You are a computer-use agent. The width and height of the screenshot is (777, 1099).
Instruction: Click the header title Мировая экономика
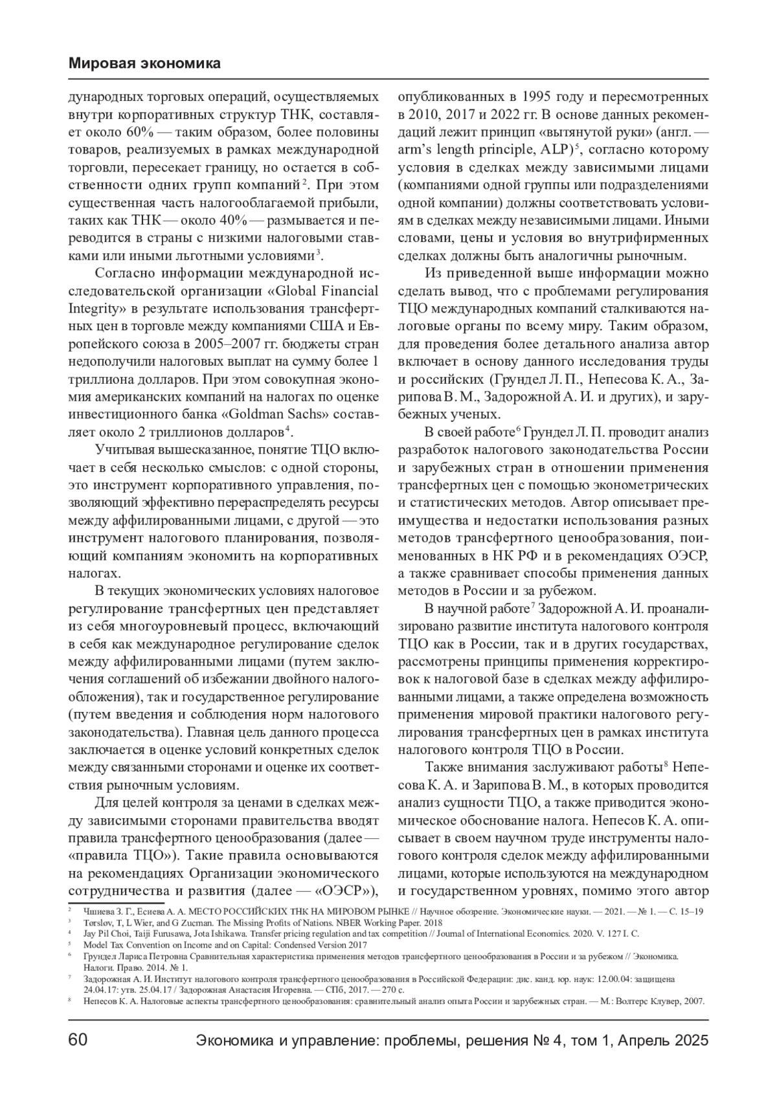pos(144,63)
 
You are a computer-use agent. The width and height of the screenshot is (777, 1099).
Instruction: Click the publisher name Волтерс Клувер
pos(653,1001)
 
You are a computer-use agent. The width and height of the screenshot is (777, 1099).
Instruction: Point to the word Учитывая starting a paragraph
pos(123,450)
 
